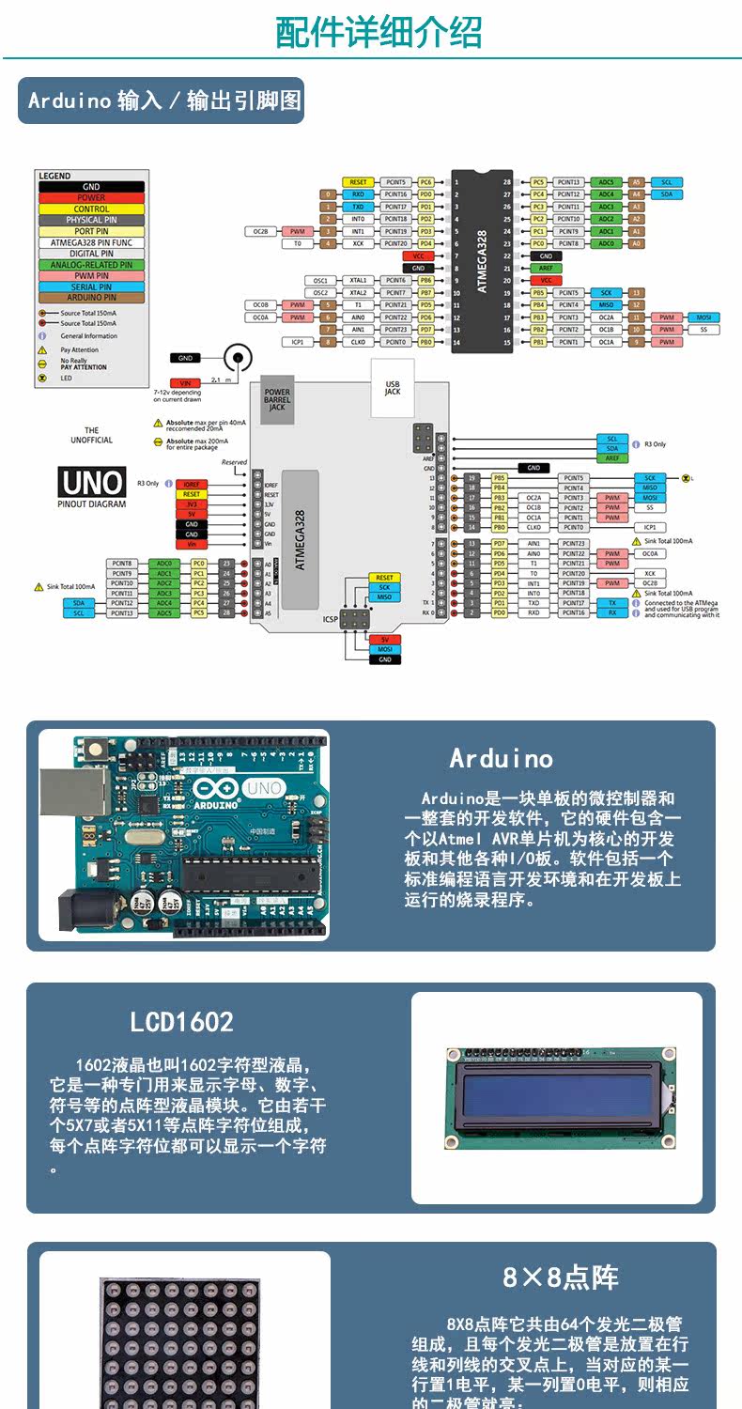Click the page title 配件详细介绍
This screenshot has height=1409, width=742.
pyautogui.click(x=379, y=32)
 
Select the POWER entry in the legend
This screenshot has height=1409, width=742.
pyautogui.click(x=91, y=198)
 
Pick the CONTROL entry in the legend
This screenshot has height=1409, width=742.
pyautogui.click(x=91, y=209)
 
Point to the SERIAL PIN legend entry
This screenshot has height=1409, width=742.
pyautogui.click(x=91, y=286)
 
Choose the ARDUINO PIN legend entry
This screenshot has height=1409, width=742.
pyautogui.click(x=91, y=298)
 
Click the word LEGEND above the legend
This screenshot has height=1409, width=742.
pyautogui.click(x=54, y=176)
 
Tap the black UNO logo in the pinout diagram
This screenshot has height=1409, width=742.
pyautogui.click(x=92, y=483)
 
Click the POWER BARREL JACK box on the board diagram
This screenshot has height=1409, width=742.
pyautogui.click(x=277, y=399)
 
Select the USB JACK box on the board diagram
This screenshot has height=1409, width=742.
pyautogui.click(x=393, y=384)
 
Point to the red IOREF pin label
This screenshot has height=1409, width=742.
pyautogui.click(x=191, y=485)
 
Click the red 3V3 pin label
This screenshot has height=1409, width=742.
pyautogui.click(x=191, y=504)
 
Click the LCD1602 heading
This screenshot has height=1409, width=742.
pyautogui.click(x=181, y=1022)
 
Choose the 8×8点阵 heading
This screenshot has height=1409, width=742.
pyautogui.click(x=560, y=1277)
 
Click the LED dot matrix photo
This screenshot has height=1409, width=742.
pyautogui.click(x=178, y=1343)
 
